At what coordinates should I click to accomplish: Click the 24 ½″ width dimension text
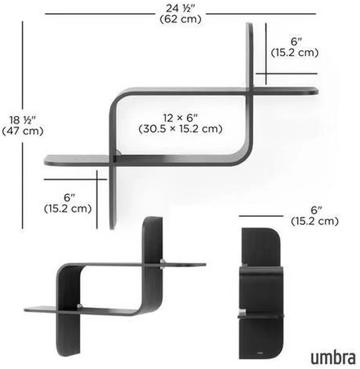[181, 9]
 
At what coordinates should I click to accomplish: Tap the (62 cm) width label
[181, 19]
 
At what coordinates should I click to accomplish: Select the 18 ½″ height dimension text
[23, 120]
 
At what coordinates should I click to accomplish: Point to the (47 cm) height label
[23, 131]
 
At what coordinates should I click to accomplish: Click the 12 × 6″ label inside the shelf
[181, 118]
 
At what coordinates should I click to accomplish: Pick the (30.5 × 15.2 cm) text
[181, 129]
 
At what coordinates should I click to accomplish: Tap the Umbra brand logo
[333, 358]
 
